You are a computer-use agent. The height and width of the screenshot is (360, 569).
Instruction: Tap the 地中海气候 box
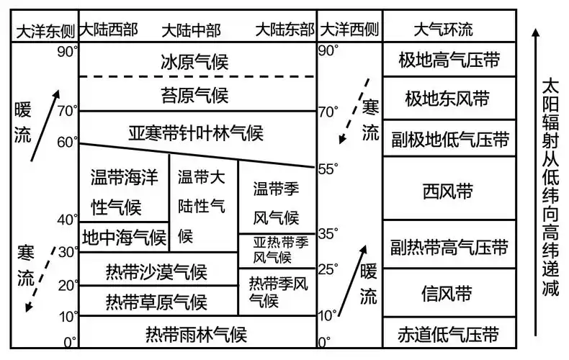(x=123, y=236)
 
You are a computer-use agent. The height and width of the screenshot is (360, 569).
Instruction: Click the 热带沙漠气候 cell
(x=156, y=272)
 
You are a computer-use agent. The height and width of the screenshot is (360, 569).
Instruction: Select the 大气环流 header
(x=444, y=30)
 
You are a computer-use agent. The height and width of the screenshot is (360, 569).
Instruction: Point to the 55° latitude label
(x=328, y=169)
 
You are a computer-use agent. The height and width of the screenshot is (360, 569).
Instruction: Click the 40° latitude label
(x=67, y=219)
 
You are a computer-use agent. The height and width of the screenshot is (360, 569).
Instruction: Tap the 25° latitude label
(x=328, y=269)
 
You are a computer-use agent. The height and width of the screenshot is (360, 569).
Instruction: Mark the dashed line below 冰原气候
(x=196, y=76)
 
